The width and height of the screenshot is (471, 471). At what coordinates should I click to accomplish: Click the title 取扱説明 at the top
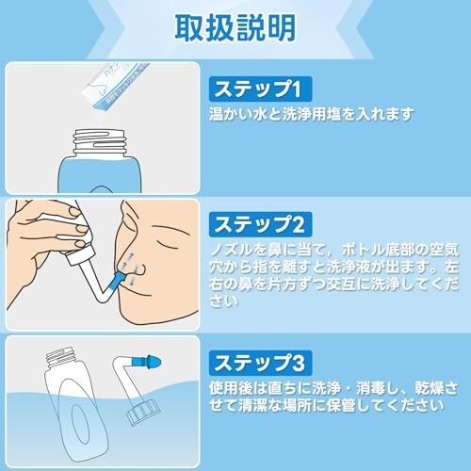[235, 28]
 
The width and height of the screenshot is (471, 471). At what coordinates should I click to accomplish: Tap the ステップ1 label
[260, 89]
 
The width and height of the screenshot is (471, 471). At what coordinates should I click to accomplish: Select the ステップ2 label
[260, 224]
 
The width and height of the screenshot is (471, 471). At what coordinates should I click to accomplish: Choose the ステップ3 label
[260, 363]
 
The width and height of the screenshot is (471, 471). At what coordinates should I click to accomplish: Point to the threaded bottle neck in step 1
[100, 142]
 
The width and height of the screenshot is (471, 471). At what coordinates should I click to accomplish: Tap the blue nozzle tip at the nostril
[121, 280]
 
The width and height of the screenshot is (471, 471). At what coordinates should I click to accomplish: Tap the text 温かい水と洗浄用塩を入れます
[311, 114]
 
